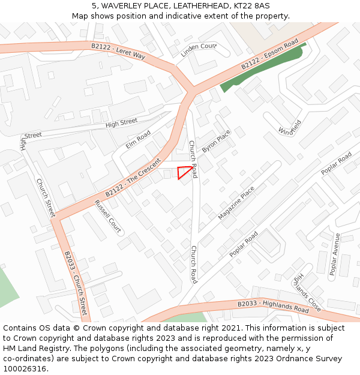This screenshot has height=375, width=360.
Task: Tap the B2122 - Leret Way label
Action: pos(118,50)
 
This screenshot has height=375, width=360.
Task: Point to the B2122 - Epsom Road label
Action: pos(269,55)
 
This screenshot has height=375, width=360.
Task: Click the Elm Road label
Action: pos(138,140)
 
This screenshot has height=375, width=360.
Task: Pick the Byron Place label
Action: pos(216,142)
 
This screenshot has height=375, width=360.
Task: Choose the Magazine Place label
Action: pos(236,202)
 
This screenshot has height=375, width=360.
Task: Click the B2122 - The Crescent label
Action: pos(133,178)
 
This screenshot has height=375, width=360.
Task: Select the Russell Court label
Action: pos(108,217)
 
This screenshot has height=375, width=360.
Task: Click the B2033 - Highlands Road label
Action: pos(273,307)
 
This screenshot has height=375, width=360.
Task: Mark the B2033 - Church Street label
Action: pos(76,283)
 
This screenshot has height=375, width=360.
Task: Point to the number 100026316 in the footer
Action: pos(23,368)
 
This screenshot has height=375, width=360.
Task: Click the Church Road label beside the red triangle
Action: pos(193,155)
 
